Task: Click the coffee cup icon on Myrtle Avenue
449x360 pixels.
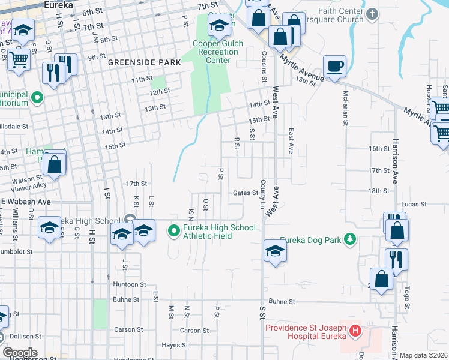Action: pyautogui.click(x=334, y=65)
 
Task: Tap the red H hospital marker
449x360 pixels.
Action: pyautogui.click(x=355, y=331)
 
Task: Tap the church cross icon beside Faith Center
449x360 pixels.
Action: pyautogui.click(x=372, y=13)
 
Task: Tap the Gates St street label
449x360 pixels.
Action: pyautogui.click(x=246, y=193)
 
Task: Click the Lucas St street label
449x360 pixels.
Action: pyautogui.click(x=414, y=204)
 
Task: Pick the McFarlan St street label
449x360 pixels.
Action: pyautogui.click(x=346, y=109)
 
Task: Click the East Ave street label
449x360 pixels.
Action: pyautogui.click(x=291, y=142)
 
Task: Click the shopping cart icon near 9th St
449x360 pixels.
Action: pyautogui.click(x=19, y=59)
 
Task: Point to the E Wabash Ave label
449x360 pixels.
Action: pyautogui.click(x=25, y=202)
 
